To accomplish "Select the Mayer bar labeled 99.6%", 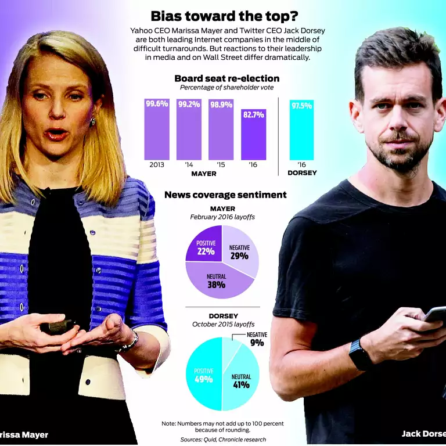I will [157, 131].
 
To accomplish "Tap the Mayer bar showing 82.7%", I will [253, 136].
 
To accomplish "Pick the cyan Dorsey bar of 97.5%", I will [301, 131].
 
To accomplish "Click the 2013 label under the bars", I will [157, 165].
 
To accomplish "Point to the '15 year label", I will [221, 165].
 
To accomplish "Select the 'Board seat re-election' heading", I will [226, 78].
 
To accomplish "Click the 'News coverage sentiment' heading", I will [225, 195].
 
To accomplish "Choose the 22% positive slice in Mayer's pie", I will [205, 246].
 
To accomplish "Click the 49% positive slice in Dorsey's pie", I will [203, 375].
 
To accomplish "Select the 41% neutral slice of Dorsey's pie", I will [241, 380].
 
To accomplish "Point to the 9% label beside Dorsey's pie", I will [257, 343].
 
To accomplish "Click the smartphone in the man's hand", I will [435, 314].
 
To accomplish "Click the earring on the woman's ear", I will [92, 121].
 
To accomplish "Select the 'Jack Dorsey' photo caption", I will [423, 433].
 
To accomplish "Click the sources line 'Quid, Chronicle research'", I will [223, 440].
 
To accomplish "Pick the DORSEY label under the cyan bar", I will [301, 172].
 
